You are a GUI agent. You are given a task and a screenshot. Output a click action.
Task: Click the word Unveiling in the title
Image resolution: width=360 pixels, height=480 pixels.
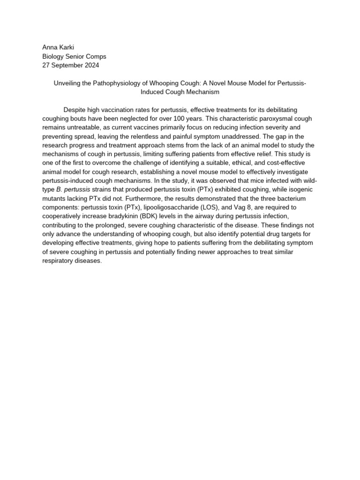point(68,83)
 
